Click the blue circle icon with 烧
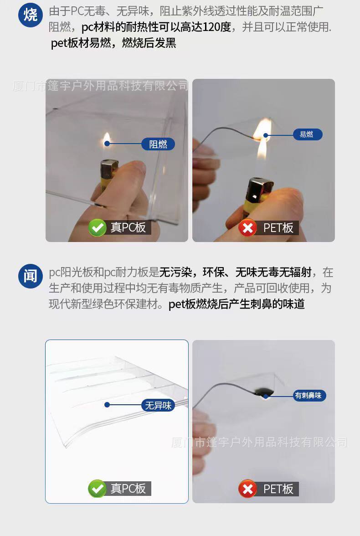click(x=30, y=15)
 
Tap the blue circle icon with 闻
click(x=30, y=276)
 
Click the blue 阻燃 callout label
click(x=158, y=144)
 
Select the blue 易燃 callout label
click(x=307, y=134)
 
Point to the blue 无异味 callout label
click(x=158, y=405)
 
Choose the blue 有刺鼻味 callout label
click(x=309, y=395)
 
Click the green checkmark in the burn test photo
click(x=97, y=227)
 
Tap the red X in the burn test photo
click(x=247, y=227)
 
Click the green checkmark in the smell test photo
click(x=97, y=489)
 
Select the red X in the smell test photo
click(x=247, y=489)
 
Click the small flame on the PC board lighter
click(x=107, y=139)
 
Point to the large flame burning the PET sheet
click(x=262, y=137)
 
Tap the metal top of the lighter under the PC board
click(x=109, y=169)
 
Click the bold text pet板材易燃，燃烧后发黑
click(x=113, y=43)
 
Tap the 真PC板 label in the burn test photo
click(x=128, y=227)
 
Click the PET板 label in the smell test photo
click(x=278, y=489)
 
